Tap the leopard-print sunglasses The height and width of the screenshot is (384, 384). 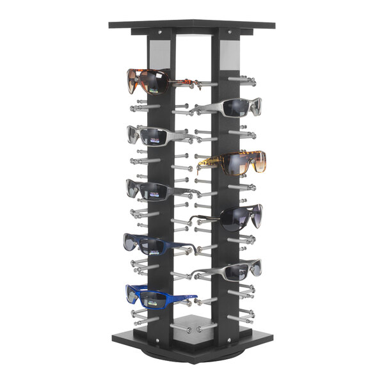pyautogui.click(x=234, y=163)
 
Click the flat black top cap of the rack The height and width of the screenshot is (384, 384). pyautogui.click(x=192, y=24)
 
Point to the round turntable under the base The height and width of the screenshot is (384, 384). pyautogui.click(x=192, y=354)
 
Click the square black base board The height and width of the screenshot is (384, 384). pyautogui.click(x=192, y=339)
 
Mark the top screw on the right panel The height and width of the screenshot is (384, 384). pyautogui.click(x=229, y=32)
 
